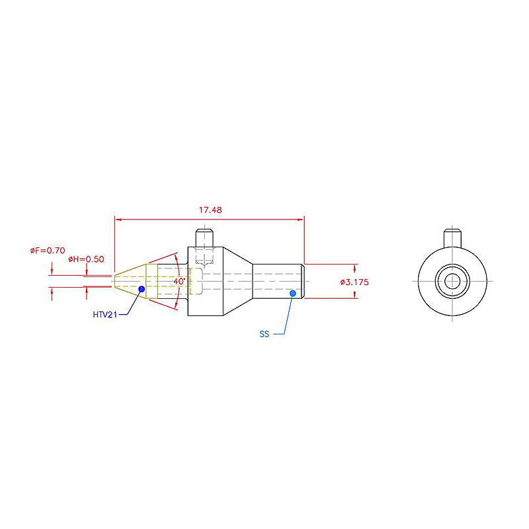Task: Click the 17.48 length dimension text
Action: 210,210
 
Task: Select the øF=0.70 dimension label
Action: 48,251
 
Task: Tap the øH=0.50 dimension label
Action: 86,259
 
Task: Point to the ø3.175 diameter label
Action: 354,282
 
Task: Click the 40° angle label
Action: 179,281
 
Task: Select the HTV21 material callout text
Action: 105,315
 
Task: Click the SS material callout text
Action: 264,334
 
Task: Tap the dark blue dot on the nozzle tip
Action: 142,289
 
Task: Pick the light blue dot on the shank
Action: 293,293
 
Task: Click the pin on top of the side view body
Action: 204,238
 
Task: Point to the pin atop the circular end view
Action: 452,238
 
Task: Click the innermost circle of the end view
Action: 452,281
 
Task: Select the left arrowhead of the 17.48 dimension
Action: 118,220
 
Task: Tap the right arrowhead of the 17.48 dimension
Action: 300,220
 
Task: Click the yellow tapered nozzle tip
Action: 130,281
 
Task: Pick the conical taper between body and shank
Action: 238,282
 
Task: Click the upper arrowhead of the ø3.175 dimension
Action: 354,268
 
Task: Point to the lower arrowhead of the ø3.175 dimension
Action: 354,295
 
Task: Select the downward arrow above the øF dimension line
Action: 52,269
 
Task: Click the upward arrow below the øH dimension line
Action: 87,293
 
